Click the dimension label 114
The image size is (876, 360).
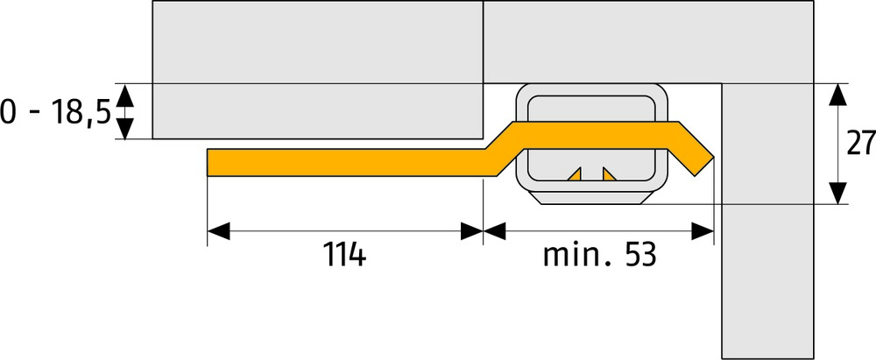coord(344,256)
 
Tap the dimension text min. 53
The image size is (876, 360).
coord(599,256)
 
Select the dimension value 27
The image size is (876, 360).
coord(860,144)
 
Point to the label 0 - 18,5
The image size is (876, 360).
coord(54,112)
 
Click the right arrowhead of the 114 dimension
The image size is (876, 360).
coord(471,231)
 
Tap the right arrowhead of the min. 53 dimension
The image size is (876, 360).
coord(703,231)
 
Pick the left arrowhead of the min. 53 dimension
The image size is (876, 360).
coord(495,231)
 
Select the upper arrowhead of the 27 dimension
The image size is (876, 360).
coord(838,94)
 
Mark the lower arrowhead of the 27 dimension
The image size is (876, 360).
coord(838,193)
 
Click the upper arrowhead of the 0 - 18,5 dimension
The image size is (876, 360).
coord(125,94)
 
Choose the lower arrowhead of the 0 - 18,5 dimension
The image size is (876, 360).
coord(125,129)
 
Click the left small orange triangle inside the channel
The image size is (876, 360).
coord(575,173)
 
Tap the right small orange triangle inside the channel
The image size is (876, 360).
coord(609,173)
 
